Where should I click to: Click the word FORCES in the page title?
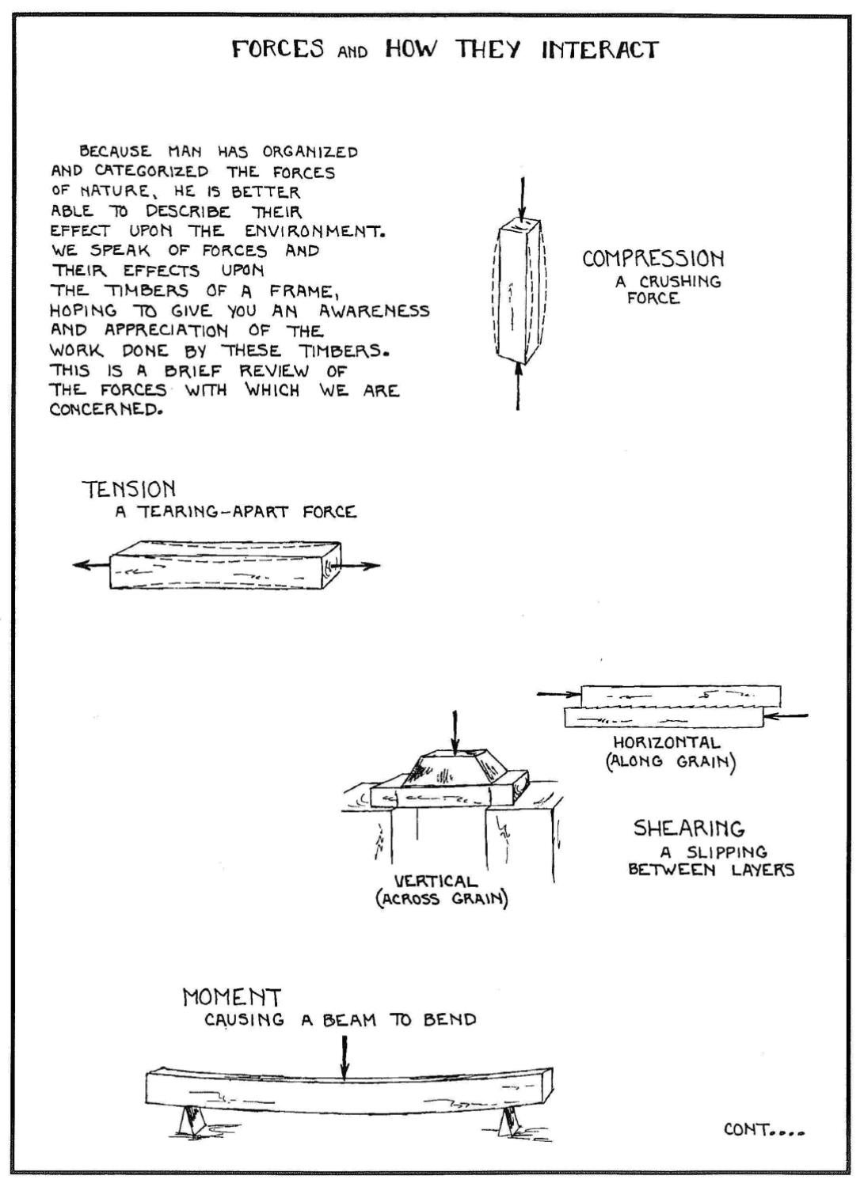(278, 50)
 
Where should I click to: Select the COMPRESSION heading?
(653, 259)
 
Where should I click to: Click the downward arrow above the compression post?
(520, 199)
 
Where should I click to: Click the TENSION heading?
(129, 489)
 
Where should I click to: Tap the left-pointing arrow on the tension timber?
(89, 565)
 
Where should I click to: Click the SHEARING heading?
(689, 829)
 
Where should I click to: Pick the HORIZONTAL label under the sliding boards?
(667, 743)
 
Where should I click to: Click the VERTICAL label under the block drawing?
(436, 881)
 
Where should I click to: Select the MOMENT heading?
(232, 997)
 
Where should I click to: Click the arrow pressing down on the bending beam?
(344, 1056)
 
